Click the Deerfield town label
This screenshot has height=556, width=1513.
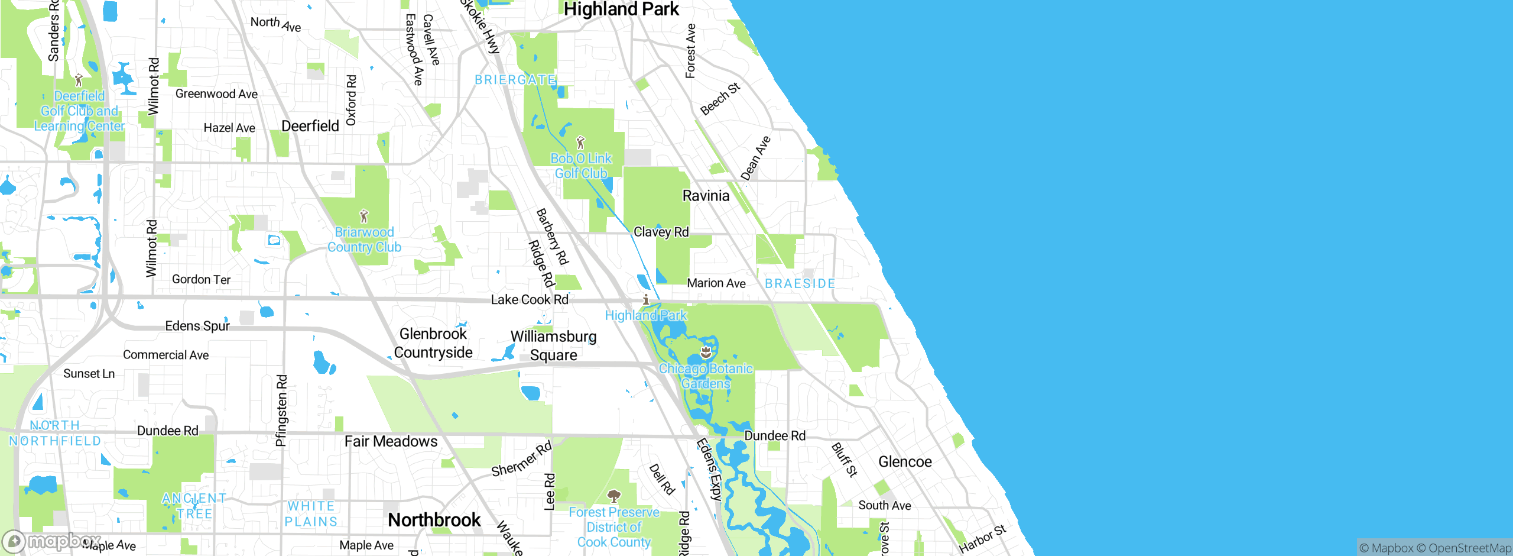coord(310,126)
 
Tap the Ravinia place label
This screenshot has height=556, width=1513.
coord(706,196)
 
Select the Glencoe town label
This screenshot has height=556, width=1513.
coord(905,462)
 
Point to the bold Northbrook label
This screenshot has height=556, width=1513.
coord(434,520)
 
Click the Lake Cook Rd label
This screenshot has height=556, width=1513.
coord(530,300)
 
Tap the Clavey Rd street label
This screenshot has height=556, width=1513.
coord(661,232)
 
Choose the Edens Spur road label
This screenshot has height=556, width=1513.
coord(197,326)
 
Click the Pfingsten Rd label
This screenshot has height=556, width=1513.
coord(282,410)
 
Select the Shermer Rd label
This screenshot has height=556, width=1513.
coord(521,459)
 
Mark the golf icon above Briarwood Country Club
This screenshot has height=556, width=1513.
coord(364,216)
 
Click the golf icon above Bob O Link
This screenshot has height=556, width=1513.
coord(580,143)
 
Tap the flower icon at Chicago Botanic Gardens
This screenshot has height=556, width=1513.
coord(706,353)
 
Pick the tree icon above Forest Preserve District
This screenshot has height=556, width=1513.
coord(614,496)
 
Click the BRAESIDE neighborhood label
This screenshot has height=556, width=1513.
coord(800,284)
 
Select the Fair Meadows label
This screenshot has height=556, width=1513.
coord(391,442)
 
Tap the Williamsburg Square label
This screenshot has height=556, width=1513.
coord(554,345)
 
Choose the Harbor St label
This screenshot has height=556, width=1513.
coord(982,539)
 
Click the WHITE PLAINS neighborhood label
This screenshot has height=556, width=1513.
coord(311,514)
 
